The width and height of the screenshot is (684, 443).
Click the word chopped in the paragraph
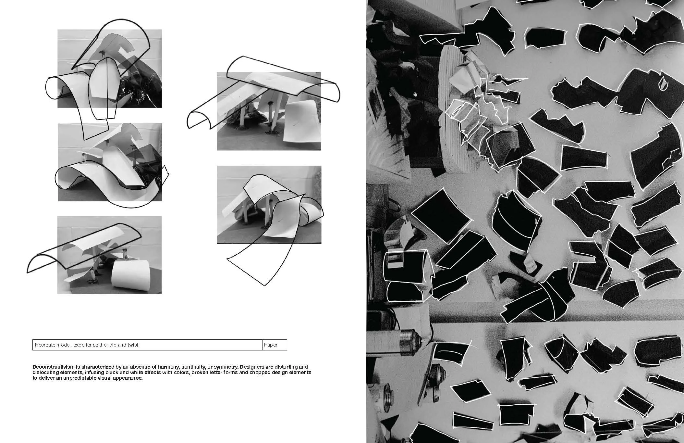(258, 373)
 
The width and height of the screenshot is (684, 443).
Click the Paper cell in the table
(275, 345)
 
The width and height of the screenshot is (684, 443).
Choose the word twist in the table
(133, 345)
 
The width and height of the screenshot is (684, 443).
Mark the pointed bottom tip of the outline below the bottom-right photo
(265, 286)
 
